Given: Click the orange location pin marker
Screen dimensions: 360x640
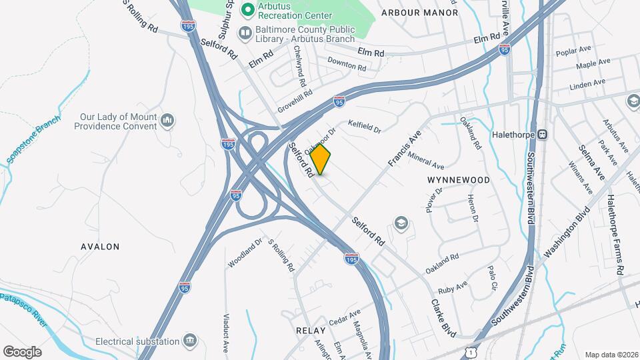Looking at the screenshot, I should [x=321, y=159].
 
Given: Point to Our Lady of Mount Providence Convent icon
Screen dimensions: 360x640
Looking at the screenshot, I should [x=167, y=121].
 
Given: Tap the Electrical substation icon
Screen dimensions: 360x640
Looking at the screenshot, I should [x=191, y=341].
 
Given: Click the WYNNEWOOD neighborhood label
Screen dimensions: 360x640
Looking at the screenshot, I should [x=458, y=180].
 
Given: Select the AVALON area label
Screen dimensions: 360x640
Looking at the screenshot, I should [x=100, y=247].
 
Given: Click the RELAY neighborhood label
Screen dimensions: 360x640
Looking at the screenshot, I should [x=310, y=330].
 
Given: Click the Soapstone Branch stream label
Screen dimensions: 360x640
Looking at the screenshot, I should [x=33, y=139].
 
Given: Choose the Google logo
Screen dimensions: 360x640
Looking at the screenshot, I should [x=22, y=351].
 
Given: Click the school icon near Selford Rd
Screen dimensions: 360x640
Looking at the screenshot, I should [x=401, y=222].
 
